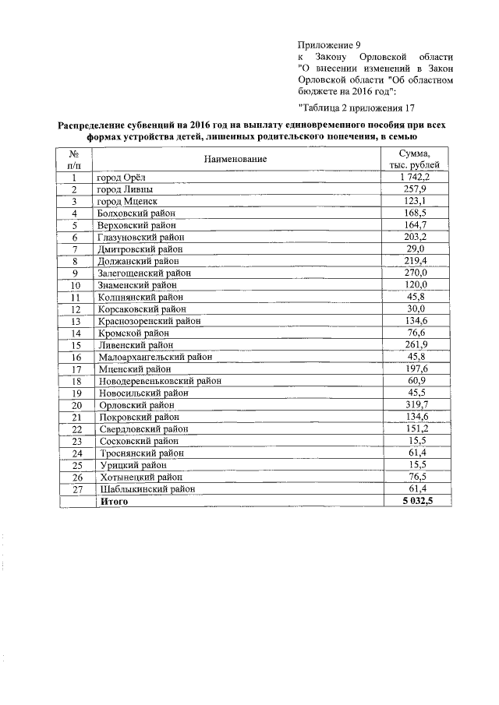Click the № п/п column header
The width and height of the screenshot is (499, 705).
pos(76,160)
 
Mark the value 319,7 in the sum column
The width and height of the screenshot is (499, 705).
pos(415,405)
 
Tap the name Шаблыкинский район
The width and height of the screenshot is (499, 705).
pos(146,488)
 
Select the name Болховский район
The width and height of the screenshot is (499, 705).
pos(136,213)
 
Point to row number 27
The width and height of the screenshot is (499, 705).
pos(76,488)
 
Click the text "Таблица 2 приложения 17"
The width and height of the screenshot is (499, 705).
pos(356,107)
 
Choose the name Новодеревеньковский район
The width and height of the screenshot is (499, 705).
pos(159,381)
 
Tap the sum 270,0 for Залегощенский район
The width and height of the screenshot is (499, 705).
pos(415,273)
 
